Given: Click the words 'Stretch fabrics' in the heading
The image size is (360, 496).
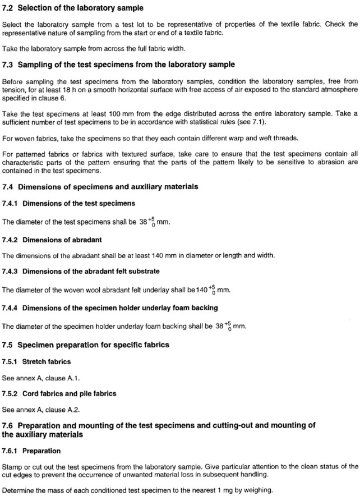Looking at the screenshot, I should pos(47,361).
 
